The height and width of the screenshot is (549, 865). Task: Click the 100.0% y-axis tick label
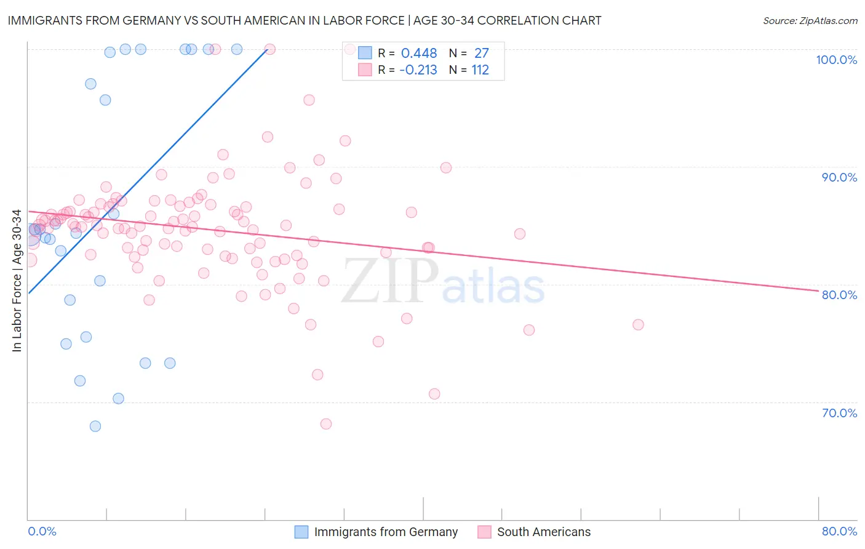pyautogui.click(x=836, y=60)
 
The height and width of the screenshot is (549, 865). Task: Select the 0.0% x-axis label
pyautogui.click(x=42, y=531)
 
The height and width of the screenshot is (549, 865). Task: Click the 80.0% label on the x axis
pyautogui.click(x=839, y=531)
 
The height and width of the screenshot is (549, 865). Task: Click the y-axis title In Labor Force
pyautogui.click(x=17, y=281)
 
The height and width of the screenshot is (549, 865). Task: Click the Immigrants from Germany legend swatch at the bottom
pyautogui.click(x=301, y=532)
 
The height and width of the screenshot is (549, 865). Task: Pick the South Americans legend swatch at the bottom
pyautogui.click(x=484, y=532)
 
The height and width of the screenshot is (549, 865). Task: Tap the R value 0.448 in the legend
pyautogui.click(x=419, y=54)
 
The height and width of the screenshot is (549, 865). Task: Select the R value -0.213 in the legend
pyautogui.click(x=418, y=70)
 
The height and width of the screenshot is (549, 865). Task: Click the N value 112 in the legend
pyautogui.click(x=480, y=70)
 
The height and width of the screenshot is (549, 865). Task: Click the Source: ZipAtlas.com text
pyautogui.click(x=810, y=20)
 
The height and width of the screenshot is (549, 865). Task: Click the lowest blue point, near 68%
pyautogui.click(x=95, y=426)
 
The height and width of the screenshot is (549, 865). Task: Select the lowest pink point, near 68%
pyautogui.click(x=326, y=423)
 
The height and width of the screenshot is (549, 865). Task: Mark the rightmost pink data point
pyautogui.click(x=638, y=324)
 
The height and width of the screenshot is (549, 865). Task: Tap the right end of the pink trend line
pyautogui.click(x=818, y=291)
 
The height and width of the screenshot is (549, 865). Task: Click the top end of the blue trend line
pyautogui.click(x=266, y=50)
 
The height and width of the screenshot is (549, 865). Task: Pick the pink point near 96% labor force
pyautogui.click(x=309, y=100)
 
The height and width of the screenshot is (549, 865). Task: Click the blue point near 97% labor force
pyautogui.click(x=90, y=84)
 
